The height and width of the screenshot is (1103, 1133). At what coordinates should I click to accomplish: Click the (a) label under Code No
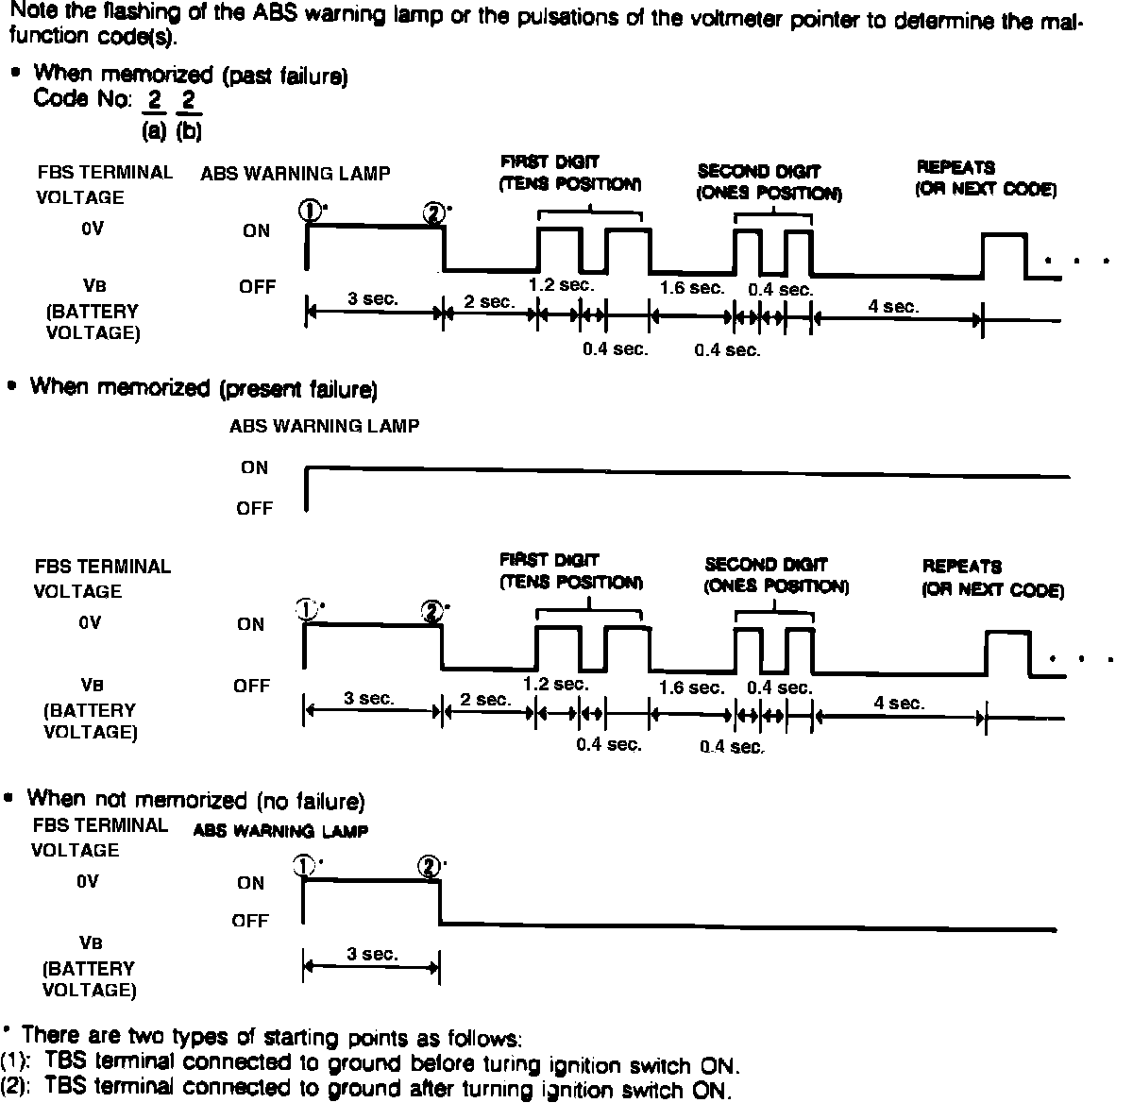click(x=154, y=132)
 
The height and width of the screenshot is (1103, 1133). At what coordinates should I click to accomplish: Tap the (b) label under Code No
click(x=189, y=132)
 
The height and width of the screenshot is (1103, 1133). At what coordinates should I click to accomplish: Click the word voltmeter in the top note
click(x=688, y=21)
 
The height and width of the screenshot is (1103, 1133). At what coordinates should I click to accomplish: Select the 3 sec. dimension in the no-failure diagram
click(x=372, y=955)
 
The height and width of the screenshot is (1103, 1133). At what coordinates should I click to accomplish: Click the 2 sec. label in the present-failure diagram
click(x=485, y=700)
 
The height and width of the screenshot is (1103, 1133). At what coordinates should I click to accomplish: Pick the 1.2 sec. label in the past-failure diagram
click(x=562, y=285)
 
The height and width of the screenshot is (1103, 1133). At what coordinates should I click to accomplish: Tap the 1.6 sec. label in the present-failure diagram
click(x=692, y=687)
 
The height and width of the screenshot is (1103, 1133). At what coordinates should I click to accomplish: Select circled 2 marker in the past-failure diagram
click(x=434, y=212)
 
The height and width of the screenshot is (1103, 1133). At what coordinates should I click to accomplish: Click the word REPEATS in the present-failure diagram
click(x=961, y=567)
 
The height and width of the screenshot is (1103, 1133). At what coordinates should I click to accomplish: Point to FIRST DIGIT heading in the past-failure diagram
click(x=550, y=161)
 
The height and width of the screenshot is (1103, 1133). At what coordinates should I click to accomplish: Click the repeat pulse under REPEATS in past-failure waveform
click(x=1004, y=253)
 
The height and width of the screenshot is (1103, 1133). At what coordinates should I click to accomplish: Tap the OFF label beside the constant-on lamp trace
click(x=254, y=509)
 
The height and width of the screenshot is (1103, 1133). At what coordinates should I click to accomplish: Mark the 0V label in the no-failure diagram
click(x=88, y=881)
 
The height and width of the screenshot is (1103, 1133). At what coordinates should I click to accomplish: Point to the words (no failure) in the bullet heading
click(x=310, y=802)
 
